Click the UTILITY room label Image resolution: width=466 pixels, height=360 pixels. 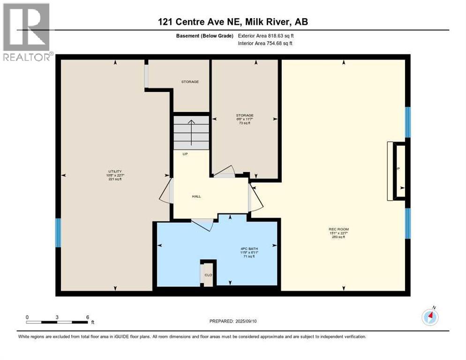[x=115, y=172]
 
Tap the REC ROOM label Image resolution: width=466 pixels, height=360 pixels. [x=338, y=229]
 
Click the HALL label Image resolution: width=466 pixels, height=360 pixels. [x=196, y=196]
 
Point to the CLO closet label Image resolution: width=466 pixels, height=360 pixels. [x=208, y=275]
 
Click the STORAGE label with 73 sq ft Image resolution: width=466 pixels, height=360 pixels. [x=244, y=115]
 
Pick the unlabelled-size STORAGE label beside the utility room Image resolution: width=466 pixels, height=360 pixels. [x=190, y=82]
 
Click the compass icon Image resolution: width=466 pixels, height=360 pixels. [x=430, y=317]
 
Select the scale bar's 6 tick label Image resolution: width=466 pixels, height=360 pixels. [x=87, y=317]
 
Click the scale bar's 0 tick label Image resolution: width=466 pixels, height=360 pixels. [x=27, y=317]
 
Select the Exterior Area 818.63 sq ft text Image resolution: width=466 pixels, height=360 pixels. [x=266, y=36]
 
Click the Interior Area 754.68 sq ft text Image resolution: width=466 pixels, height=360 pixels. [x=265, y=44]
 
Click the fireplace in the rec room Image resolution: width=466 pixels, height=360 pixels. [x=396, y=171]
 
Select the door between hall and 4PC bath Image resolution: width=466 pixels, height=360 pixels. [x=202, y=225]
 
